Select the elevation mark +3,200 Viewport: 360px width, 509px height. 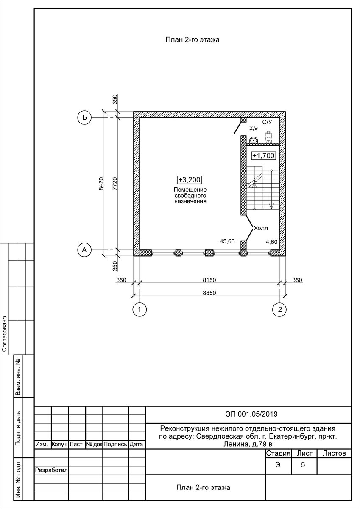pyautogui.click(x=190, y=180)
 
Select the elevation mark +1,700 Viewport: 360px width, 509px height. pyautogui.click(x=263, y=156)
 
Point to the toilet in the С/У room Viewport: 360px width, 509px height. pyautogui.click(x=268, y=137)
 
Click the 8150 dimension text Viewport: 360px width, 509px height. pyautogui.click(x=209, y=280)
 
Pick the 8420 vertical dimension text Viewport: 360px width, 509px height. pyautogui.click(x=101, y=184)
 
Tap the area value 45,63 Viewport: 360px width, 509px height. pyautogui.click(x=227, y=241)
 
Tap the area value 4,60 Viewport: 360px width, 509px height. pyautogui.click(x=272, y=242)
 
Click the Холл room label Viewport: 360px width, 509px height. pyautogui.click(x=261, y=228)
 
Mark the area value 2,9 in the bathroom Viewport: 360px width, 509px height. pyautogui.click(x=254, y=128)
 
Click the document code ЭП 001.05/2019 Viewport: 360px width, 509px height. pyautogui.click(x=251, y=414)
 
